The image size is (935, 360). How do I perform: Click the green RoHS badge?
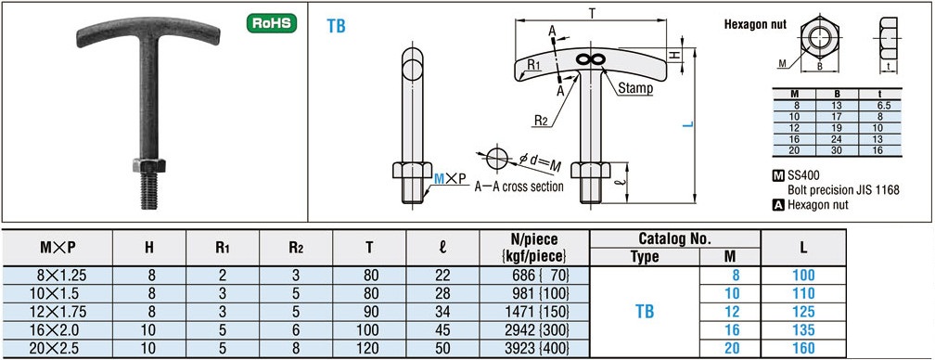tap(272, 23)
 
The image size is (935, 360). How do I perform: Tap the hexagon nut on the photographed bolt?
tap(149, 165)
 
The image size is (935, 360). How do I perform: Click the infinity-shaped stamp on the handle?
tap(591, 58)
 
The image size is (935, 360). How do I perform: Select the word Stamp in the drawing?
tap(635, 88)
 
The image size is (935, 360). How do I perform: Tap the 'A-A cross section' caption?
tap(519, 186)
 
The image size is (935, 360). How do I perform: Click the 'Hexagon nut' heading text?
tap(755, 24)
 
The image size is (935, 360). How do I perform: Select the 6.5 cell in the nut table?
tap(883, 105)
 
